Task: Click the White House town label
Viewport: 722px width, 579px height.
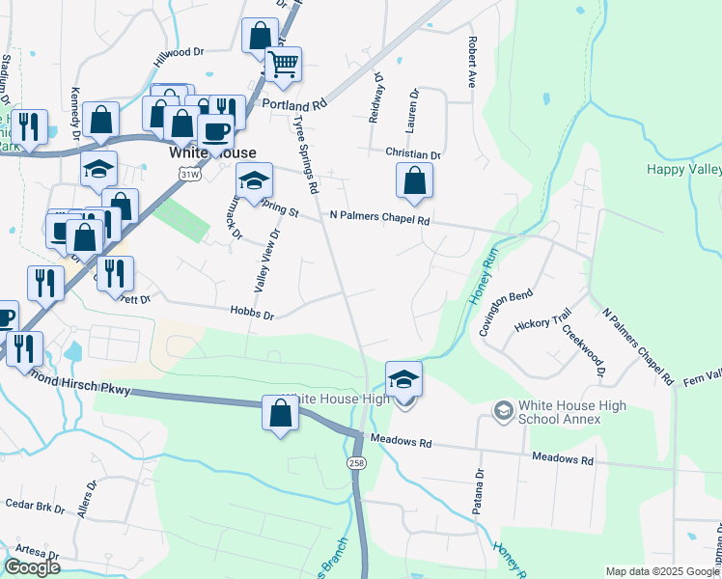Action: tap(212, 153)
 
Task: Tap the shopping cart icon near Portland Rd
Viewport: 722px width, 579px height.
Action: tap(283, 65)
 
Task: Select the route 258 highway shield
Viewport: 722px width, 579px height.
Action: tap(357, 464)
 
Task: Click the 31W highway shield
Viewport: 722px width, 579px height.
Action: tap(188, 172)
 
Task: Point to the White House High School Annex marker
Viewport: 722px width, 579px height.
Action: tap(502, 412)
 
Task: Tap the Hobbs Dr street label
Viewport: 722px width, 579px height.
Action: tap(252, 315)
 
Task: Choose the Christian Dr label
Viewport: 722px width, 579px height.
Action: tap(412, 154)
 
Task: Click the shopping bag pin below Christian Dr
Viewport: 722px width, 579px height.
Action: tap(414, 180)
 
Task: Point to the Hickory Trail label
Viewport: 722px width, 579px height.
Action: tap(543, 321)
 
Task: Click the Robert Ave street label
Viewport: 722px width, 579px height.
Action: tap(473, 63)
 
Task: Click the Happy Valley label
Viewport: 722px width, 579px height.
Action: tap(683, 170)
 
